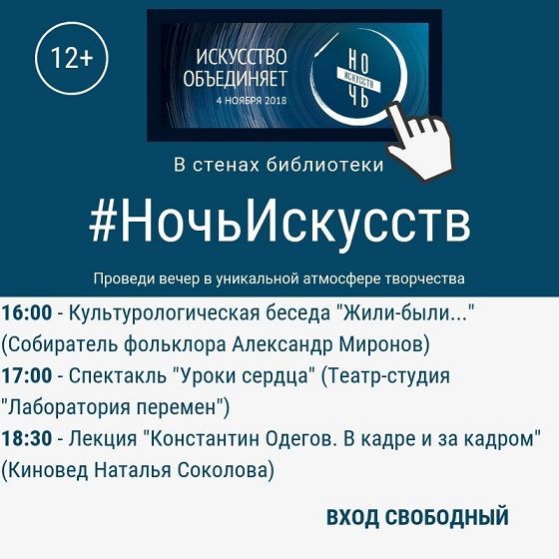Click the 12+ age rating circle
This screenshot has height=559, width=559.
click(x=71, y=59)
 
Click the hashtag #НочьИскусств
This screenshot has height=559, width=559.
click(x=279, y=224)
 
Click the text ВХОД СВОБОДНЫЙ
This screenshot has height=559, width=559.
click(x=417, y=517)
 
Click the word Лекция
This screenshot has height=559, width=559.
click(x=105, y=438)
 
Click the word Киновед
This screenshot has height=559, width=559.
click(x=46, y=468)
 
